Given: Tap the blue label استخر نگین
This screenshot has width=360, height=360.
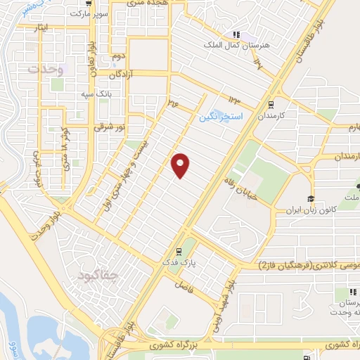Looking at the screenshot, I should coord(221,115).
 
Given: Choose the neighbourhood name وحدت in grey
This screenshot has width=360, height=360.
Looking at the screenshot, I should coord(46,70).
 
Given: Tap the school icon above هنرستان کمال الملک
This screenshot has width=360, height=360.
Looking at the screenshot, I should coord(237,34).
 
